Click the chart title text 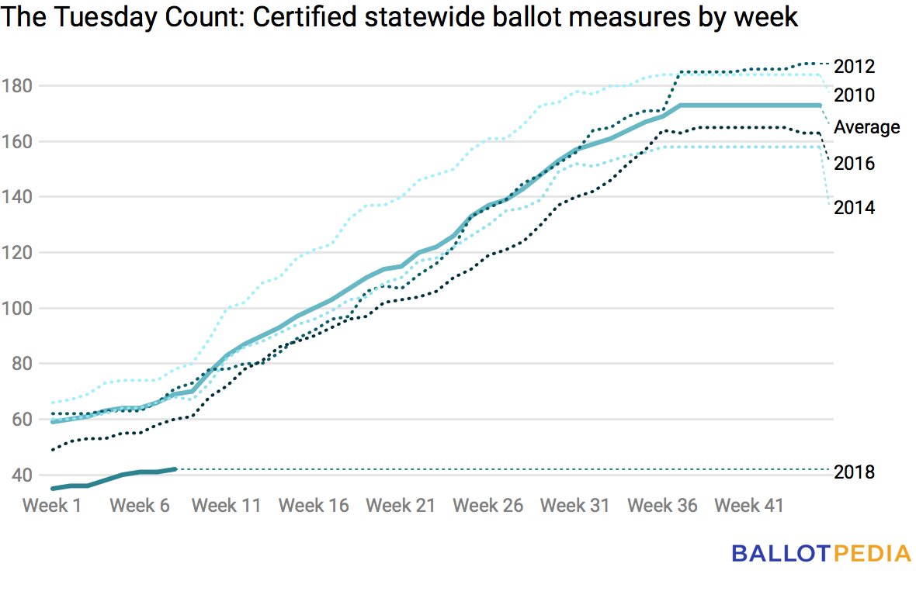point(399,17)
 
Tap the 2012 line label point(854,67)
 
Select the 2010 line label point(854,95)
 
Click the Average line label point(866,127)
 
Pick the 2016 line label point(854,164)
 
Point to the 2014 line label point(854,208)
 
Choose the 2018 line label point(854,472)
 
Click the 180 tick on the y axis point(17,86)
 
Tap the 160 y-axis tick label point(17,142)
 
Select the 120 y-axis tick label point(17,253)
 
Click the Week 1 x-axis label point(51,506)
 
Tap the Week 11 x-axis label point(226,506)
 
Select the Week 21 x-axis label point(401,506)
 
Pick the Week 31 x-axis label point(574,506)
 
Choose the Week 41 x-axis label point(748,506)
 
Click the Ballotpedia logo point(821,553)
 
